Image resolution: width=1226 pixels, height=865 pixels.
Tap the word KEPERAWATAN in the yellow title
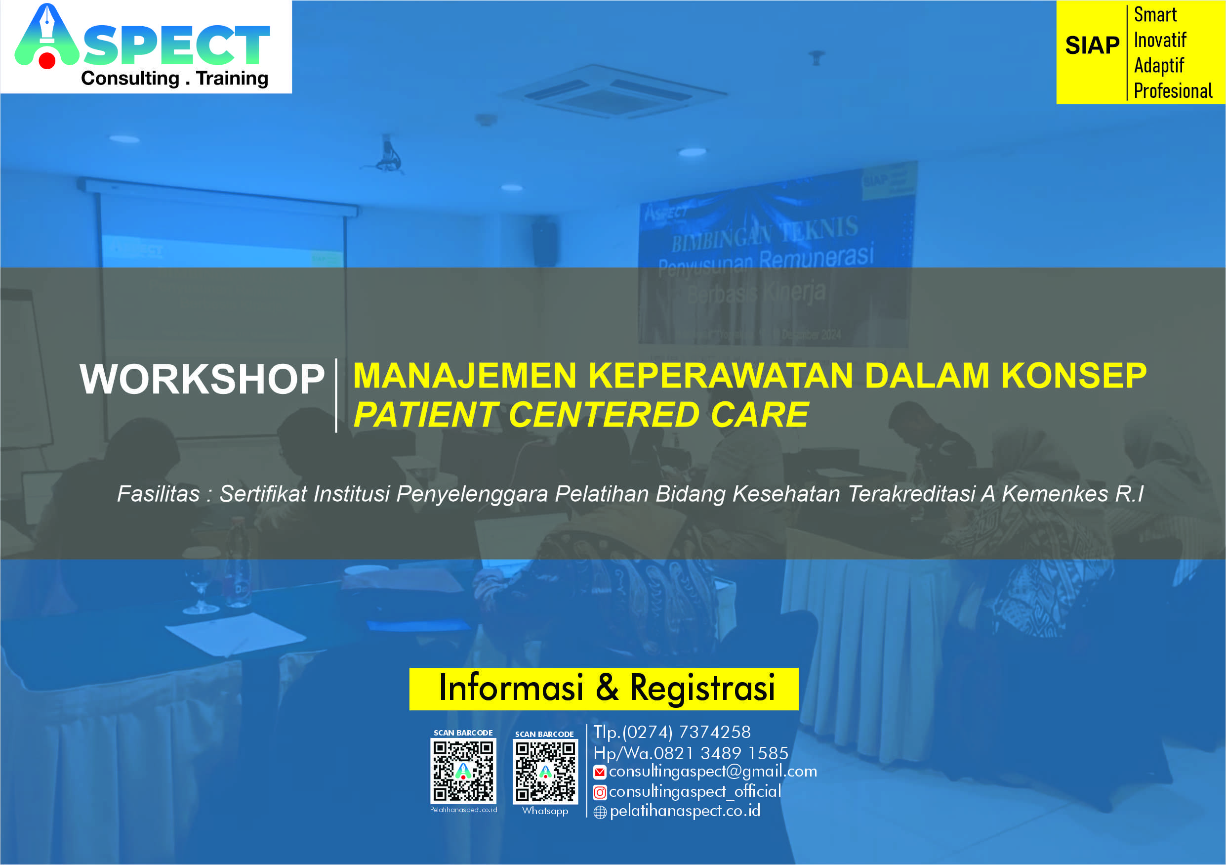pos(721,376)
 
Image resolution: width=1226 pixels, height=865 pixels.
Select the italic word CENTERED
pos(604,415)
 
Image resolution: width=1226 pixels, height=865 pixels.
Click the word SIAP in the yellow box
pos(1092,45)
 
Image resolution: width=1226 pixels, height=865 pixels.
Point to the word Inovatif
pos(1160,40)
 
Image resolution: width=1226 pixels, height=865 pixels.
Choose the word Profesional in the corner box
pos(1173,91)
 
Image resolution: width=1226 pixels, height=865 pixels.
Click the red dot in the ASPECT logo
pos(47,60)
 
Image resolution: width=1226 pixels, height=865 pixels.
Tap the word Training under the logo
pos(232,79)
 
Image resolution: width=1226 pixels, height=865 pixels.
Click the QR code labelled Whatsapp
pos(545,772)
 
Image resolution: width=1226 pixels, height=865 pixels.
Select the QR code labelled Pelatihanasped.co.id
pos(463,771)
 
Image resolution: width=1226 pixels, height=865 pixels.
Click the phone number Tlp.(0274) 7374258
pos(672,733)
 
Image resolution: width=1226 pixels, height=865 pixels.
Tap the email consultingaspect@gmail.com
pos(712,772)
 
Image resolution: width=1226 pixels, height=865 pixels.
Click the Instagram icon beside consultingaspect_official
pos(600,792)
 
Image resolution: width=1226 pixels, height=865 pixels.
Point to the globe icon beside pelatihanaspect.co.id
pos(600,812)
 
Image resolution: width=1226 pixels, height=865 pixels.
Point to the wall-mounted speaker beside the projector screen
pos(545,243)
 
